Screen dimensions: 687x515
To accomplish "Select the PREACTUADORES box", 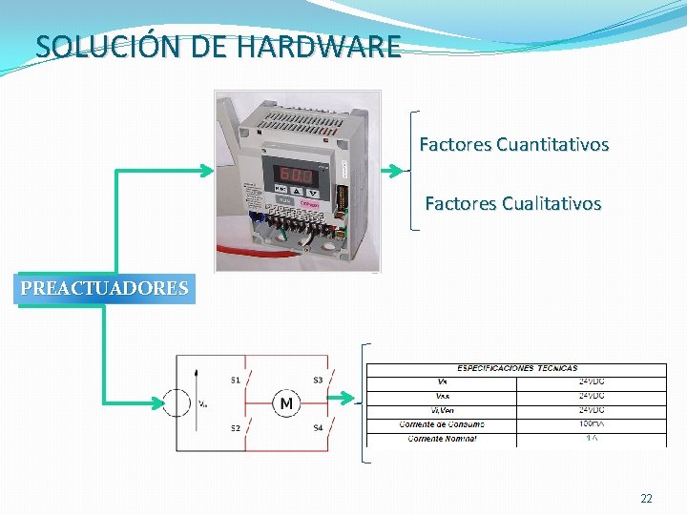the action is pos(105,288).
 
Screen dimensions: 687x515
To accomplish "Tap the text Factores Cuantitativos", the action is pos(513,145).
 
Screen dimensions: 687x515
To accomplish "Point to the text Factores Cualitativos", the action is pos(512,203).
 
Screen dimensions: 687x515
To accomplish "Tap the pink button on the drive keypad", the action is pos(311,202).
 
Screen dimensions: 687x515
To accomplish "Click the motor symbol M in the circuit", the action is pos(286,404).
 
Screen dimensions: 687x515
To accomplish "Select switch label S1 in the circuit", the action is pos(236,381).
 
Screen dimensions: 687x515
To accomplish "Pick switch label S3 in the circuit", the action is pos(318,381).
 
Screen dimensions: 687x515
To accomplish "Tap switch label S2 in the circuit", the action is pos(236,428).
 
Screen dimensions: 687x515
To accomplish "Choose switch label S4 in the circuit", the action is pos(318,428).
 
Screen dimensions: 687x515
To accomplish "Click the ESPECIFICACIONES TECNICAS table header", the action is pos(517,368).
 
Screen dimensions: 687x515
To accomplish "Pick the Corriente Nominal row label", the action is pos(442,438).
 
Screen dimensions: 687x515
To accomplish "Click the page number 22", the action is pos(646,499).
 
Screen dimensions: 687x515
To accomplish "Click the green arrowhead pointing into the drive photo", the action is pos(207,170).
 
